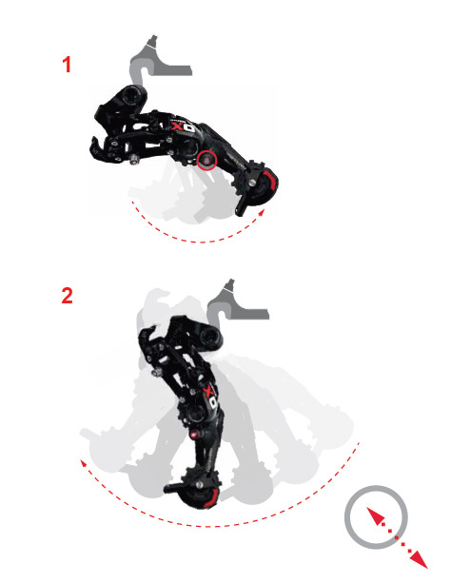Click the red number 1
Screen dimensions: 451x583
[x=67, y=65]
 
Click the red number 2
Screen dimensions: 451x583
[x=67, y=296]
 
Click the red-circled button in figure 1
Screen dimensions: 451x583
[x=206, y=160]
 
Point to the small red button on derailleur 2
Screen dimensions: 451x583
[x=194, y=434]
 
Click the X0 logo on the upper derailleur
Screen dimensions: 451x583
[x=184, y=126]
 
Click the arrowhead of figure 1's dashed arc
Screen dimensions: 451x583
[x=262, y=212]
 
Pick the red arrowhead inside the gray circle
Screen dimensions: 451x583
[x=375, y=515]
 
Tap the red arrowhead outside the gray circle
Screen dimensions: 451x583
[x=419, y=560]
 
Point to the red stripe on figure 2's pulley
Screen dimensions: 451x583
[x=212, y=498]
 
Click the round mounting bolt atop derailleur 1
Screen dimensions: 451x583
[x=130, y=96]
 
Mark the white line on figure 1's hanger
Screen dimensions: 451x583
[x=150, y=45]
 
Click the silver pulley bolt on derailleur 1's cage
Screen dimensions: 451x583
[x=253, y=183]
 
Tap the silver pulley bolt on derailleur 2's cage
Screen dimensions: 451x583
[x=200, y=484]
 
